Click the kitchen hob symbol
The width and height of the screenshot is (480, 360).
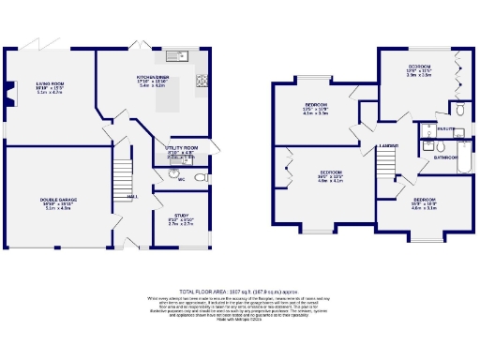point(202,82)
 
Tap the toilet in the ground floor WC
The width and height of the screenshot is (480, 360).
point(200,178)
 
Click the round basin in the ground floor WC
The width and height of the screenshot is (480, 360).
point(174,174)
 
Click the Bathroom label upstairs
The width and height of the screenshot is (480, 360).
point(444,158)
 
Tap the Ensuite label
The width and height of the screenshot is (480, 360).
point(445,127)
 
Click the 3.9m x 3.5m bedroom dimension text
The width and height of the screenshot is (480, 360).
point(419,75)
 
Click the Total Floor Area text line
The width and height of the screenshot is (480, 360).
point(239,292)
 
